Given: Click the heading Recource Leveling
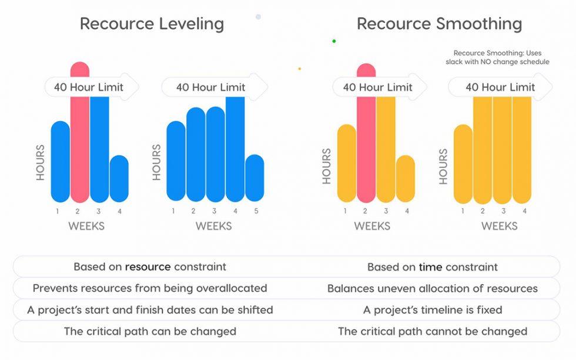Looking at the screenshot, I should pyautogui.click(x=152, y=23).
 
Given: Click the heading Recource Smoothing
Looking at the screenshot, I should pyautogui.click(x=439, y=23).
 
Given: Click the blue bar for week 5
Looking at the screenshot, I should pyautogui.click(x=254, y=179).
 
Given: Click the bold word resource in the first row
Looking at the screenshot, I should pyautogui.click(x=148, y=267).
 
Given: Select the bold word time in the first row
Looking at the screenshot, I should pyautogui.click(x=430, y=267).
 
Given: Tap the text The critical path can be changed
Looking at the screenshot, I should pyautogui.click(x=150, y=331).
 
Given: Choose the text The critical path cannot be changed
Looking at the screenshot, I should pyautogui.click(x=432, y=331).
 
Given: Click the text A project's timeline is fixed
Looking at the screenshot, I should pyautogui.click(x=432, y=309).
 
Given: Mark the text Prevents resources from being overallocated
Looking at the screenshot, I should pyautogui.click(x=150, y=288).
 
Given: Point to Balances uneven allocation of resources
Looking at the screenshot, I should pyautogui.click(x=432, y=288).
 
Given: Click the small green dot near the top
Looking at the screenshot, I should pyautogui.click(x=334, y=41).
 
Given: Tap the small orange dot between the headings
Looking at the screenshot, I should pyautogui.click(x=299, y=69).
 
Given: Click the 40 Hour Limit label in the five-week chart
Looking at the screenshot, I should pyautogui.click(x=210, y=88).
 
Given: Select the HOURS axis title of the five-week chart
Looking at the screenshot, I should pyautogui.click(x=157, y=162).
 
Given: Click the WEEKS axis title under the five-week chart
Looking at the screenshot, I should pyautogui.click(x=213, y=226).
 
